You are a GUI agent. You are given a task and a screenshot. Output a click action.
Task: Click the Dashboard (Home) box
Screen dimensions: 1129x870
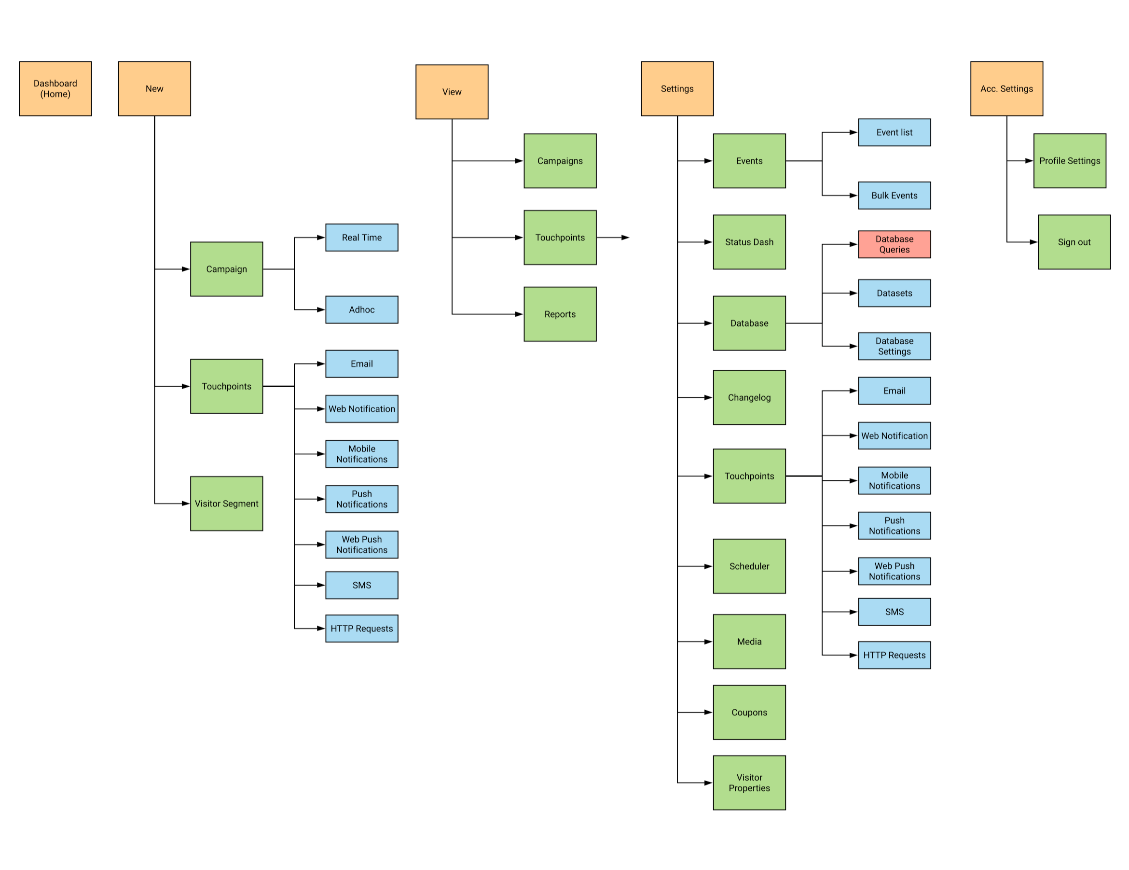pyautogui.click(x=55, y=88)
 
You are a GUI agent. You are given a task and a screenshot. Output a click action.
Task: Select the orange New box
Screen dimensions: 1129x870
pyautogui.click(x=154, y=88)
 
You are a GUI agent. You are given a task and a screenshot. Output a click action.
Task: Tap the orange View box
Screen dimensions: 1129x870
pyautogui.click(x=452, y=92)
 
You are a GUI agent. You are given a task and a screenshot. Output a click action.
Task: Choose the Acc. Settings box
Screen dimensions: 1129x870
pyautogui.click(x=1006, y=88)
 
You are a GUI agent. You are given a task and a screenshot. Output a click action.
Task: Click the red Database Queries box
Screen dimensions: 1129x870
pyautogui.click(x=895, y=244)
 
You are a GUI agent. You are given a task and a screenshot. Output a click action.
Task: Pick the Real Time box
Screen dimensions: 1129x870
pyautogui.click(x=362, y=238)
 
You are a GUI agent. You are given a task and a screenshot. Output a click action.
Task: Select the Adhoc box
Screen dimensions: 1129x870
pyautogui.click(x=362, y=309)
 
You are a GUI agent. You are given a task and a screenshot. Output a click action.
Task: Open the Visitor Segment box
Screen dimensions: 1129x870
pyautogui.click(x=226, y=503)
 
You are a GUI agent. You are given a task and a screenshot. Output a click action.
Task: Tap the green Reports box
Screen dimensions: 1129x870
pyautogui.click(x=560, y=314)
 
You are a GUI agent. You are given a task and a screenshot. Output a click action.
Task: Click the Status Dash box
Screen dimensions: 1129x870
pyautogui.click(x=749, y=242)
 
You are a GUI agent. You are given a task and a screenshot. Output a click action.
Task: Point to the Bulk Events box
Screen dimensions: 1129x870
pyautogui.click(x=895, y=196)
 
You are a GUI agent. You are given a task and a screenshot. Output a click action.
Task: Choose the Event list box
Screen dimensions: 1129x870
pyautogui.click(x=895, y=132)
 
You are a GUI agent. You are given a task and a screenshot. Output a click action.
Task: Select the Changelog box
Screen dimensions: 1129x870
pyautogui.click(x=749, y=397)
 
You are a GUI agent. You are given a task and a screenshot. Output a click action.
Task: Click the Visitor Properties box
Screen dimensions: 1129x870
pyautogui.click(x=749, y=783)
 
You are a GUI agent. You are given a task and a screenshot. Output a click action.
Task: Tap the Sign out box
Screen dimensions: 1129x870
pyautogui.click(x=1074, y=242)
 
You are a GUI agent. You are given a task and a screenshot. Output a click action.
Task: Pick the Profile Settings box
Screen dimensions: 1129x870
pyautogui.click(x=1070, y=161)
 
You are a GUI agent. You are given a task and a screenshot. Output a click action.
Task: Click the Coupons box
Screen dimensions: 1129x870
pyautogui.click(x=749, y=712)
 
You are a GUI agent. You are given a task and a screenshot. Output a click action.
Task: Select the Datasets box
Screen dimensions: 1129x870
pyautogui.click(x=895, y=293)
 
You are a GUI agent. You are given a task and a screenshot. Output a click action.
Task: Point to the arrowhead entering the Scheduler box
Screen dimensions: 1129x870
pyautogui.click(x=709, y=566)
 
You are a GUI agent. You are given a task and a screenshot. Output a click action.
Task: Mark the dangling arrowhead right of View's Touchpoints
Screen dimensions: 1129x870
pyautogui.click(x=625, y=238)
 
